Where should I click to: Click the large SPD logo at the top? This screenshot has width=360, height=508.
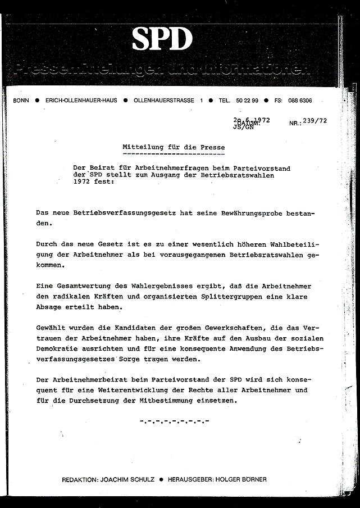tap(162, 39)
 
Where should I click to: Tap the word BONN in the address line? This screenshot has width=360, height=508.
tap(21, 101)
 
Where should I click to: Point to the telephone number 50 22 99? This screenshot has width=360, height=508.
tap(247, 101)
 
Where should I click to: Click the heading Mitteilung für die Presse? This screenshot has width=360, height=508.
tap(174, 147)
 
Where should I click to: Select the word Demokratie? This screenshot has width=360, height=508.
tap(58, 348)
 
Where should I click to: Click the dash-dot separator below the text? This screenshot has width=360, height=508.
tap(174, 420)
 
